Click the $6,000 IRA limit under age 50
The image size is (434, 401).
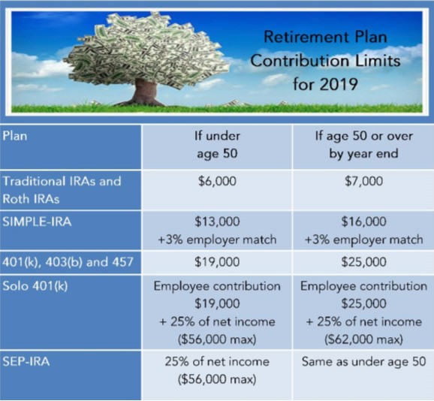(x=217, y=181)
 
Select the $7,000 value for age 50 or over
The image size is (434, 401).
(x=363, y=181)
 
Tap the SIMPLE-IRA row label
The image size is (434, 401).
(x=37, y=222)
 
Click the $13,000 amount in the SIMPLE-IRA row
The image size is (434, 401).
(x=217, y=222)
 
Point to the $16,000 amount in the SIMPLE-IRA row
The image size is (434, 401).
(x=363, y=222)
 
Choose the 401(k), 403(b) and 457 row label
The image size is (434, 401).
(x=68, y=262)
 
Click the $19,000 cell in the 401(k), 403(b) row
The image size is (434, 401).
(x=217, y=262)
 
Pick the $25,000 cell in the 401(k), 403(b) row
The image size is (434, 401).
(x=363, y=262)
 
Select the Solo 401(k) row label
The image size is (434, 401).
(x=35, y=286)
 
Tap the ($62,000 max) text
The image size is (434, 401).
(x=363, y=339)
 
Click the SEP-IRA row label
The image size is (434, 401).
(x=26, y=361)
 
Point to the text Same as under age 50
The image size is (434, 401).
(x=363, y=362)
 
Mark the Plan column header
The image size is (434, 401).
(x=15, y=136)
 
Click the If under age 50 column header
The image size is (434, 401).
(x=217, y=145)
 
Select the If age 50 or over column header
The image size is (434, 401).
(x=363, y=145)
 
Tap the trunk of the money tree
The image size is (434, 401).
(x=143, y=92)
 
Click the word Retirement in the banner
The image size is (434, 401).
(x=303, y=37)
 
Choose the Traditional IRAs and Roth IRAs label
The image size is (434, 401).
(x=62, y=190)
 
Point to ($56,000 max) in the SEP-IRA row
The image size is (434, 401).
(x=217, y=379)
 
